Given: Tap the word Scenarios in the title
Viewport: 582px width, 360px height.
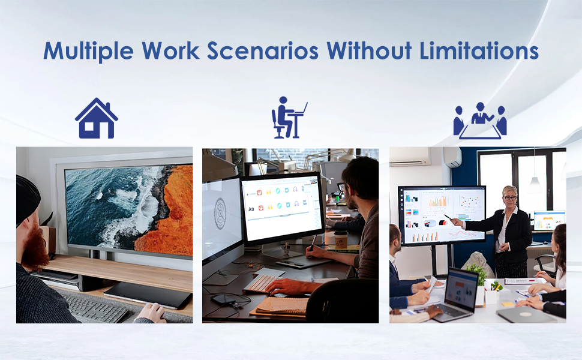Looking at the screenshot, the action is (263, 50).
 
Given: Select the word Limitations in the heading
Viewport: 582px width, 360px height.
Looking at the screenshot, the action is (479, 50).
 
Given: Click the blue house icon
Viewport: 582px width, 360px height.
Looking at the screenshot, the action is (97, 118).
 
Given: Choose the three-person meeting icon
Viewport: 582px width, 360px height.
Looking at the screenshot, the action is (480, 121).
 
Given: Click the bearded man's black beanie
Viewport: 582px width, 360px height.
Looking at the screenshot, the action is (27, 194).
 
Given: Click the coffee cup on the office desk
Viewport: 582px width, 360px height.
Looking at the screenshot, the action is (341, 240).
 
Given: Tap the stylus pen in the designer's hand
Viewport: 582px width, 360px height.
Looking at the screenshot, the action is (313, 243).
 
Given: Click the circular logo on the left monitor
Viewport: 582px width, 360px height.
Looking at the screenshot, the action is (220, 213).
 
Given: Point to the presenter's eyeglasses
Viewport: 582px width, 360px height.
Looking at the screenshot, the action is (510, 198).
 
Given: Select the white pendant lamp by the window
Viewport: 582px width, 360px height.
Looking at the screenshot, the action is (535, 185).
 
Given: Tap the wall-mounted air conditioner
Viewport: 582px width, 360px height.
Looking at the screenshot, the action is (410, 156).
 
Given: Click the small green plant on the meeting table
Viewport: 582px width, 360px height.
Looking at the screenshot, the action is (477, 274).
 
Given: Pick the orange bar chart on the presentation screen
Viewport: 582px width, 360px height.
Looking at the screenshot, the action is (437, 201).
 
